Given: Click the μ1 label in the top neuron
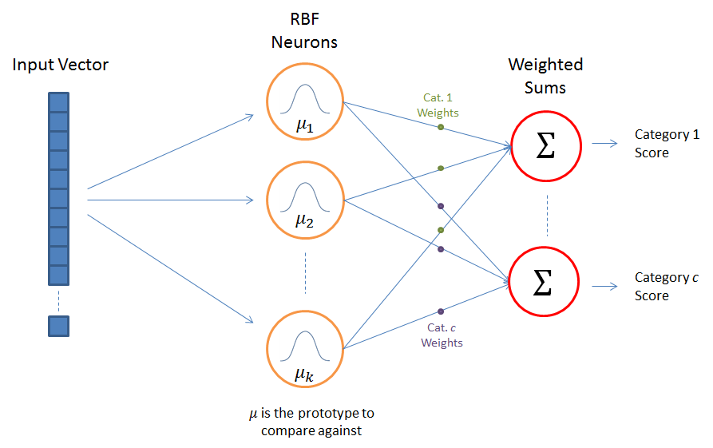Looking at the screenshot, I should coord(303,125).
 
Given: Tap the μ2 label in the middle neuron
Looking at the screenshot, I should coord(303,220).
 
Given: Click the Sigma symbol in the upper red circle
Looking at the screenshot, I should coord(546,146).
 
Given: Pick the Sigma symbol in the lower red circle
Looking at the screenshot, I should coord(543,283).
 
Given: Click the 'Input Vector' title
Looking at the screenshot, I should coord(61,65).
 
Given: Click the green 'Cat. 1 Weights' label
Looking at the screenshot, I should coord(438,105).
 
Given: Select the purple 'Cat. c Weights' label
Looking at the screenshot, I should coord(442,335).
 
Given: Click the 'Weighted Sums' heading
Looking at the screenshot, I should coord(545,75).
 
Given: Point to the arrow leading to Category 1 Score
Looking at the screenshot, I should coord(604,144).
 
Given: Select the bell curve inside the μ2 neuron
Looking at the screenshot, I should coord(303,197).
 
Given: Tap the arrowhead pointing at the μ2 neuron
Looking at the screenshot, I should coord(249,200).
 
